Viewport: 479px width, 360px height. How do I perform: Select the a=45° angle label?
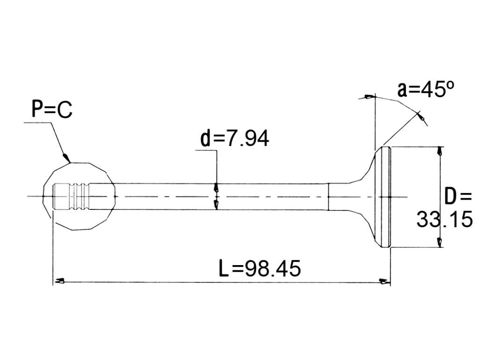click(x=426, y=89)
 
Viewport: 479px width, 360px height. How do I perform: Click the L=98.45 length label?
click(x=260, y=268)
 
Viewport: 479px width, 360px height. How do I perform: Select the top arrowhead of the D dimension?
click(x=439, y=151)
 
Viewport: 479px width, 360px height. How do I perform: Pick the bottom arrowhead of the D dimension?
click(x=439, y=242)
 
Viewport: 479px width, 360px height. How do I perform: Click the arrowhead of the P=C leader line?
click(x=66, y=158)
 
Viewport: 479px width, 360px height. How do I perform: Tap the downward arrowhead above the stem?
click(x=216, y=187)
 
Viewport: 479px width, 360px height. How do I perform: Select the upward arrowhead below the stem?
click(x=216, y=205)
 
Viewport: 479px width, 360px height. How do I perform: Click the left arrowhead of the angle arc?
click(x=369, y=97)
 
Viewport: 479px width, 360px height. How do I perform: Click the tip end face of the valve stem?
click(x=53, y=196)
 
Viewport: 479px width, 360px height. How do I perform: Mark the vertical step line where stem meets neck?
click(x=328, y=197)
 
